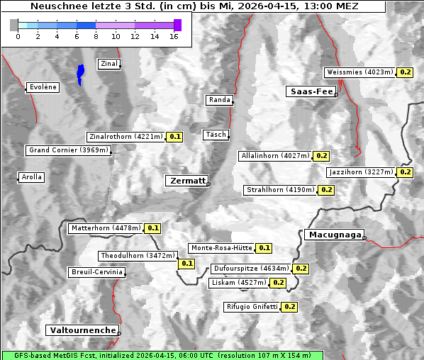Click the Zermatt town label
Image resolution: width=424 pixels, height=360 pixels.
[x=187, y=181]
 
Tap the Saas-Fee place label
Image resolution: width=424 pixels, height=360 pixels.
[x=311, y=91]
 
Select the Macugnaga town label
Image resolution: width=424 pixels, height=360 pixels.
[x=333, y=235]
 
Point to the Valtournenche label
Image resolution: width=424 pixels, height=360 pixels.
[x=82, y=330]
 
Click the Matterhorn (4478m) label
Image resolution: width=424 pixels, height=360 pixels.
[x=105, y=228]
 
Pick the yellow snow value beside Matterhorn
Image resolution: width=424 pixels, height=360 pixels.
[x=152, y=228]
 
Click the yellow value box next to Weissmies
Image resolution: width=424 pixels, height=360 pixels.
[x=405, y=72]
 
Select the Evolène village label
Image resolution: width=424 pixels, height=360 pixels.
[x=43, y=87]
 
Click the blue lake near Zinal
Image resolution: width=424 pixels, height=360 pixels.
[x=81, y=73]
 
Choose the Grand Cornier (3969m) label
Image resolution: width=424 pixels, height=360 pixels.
[x=69, y=150]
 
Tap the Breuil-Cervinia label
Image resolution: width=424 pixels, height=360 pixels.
[x=96, y=272]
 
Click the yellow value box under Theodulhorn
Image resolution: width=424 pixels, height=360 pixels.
[x=186, y=264]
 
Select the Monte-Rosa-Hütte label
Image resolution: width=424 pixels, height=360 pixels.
[x=221, y=248]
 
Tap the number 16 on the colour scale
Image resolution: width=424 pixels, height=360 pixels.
[x=174, y=36]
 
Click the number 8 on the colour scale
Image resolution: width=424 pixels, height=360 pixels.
[x=96, y=36]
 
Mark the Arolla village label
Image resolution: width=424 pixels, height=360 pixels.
[x=31, y=177]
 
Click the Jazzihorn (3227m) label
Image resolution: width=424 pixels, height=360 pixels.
[x=361, y=172]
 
